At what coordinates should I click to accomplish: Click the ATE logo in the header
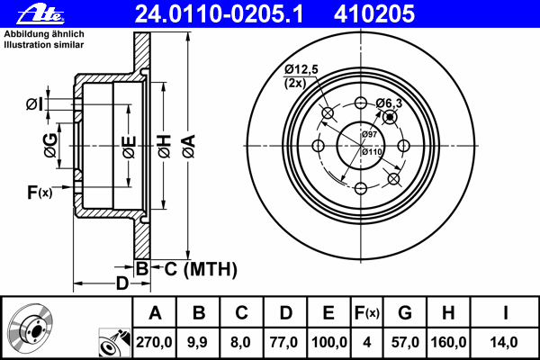coord(40,14)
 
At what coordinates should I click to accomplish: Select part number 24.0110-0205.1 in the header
coord(219,14)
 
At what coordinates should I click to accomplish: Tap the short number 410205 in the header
coord(374,14)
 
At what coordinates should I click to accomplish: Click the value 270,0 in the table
coord(154,342)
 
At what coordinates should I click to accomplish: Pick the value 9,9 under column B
coord(197,342)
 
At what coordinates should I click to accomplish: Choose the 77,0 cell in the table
coord(283,342)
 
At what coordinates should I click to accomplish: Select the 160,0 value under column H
coord(448,342)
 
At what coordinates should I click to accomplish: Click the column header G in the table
coord(405,313)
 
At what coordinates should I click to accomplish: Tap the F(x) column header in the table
coord(367,313)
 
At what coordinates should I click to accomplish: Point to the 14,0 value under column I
coord(504,342)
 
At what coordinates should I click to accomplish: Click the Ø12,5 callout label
coord(301,69)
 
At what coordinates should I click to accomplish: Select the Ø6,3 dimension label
coord(389,103)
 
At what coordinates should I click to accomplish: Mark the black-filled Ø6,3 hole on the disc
coord(390,118)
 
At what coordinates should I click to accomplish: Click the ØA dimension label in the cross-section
coord(189,147)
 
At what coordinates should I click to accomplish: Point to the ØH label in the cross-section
coord(165,147)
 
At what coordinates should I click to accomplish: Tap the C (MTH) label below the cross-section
coord(201,269)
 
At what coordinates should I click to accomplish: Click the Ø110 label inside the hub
coord(372,151)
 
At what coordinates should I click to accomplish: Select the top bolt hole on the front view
coord(361,103)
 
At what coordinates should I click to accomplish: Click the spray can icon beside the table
coord(114,342)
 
